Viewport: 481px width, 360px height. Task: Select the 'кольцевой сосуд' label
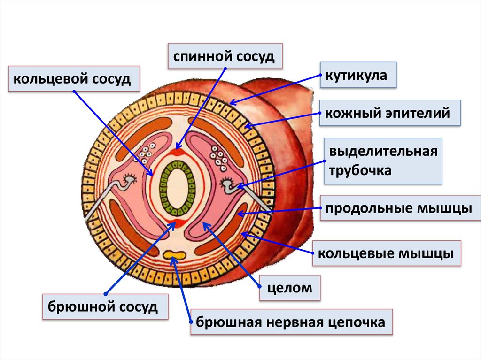click(74, 78)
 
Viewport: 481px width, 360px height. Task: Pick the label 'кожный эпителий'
click(390, 113)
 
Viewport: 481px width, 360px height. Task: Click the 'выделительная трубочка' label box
click(383, 161)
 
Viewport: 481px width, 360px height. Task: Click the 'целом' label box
click(290, 288)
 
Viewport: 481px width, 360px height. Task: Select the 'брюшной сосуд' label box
click(105, 307)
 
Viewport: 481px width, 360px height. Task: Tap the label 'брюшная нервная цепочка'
click(291, 322)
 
